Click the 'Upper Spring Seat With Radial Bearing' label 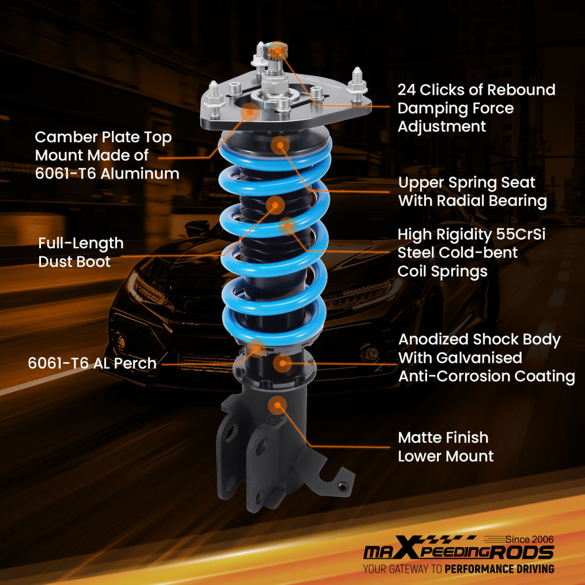(472, 191)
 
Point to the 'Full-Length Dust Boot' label (81, 252)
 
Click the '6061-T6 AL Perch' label (92, 363)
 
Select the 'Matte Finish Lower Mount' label (445, 446)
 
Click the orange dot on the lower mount (277, 405)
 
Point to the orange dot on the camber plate (250, 111)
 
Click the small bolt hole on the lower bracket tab (343, 485)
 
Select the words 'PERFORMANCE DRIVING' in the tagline (499, 569)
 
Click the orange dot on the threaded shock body (283, 363)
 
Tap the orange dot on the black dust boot (275, 205)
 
